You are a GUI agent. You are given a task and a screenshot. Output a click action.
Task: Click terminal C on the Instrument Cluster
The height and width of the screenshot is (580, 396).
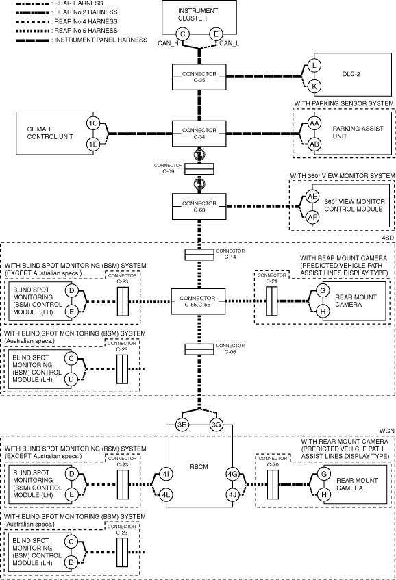tap(182, 34)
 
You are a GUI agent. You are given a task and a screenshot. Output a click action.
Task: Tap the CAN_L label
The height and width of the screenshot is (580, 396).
tap(229, 43)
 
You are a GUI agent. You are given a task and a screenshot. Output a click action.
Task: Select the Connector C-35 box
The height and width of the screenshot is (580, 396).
tap(199, 77)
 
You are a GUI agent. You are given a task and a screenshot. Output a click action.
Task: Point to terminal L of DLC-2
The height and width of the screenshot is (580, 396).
tap(314, 66)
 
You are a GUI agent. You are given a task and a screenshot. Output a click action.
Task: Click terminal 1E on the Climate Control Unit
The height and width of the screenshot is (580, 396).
tap(93, 144)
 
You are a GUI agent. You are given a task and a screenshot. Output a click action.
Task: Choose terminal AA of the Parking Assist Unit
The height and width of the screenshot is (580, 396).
tap(314, 123)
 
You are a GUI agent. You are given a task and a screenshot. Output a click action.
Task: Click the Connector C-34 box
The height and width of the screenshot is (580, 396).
tap(199, 134)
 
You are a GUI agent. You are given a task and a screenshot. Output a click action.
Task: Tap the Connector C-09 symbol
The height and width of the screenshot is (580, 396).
tap(199, 169)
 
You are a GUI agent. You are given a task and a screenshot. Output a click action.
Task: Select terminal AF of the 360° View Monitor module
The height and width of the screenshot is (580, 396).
tap(312, 217)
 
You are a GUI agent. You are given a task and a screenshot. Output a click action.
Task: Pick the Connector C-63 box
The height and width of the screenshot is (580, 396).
tap(199, 206)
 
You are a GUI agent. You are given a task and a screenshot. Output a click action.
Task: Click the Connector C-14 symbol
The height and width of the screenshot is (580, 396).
tap(199, 255)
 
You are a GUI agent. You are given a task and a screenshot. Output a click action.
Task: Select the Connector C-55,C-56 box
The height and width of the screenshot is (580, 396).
tap(198, 301)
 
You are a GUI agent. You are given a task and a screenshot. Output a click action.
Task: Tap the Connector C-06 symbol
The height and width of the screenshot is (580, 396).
tap(199, 349)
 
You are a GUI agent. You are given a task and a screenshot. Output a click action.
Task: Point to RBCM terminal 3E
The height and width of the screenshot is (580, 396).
tap(182, 425)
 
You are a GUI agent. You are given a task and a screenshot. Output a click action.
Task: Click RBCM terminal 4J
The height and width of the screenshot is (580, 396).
tap(232, 495)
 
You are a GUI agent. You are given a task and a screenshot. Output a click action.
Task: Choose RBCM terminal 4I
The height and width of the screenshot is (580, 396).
tap(166, 474)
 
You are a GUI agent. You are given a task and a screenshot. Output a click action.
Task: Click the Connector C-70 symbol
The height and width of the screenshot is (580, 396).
tap(273, 484)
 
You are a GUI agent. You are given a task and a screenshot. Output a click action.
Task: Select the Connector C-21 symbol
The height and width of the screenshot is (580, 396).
tap(271, 301)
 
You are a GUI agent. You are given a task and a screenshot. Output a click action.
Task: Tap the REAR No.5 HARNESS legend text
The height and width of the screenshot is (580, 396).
tap(86, 31)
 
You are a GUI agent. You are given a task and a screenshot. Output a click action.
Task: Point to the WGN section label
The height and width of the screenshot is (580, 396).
tap(387, 431)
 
